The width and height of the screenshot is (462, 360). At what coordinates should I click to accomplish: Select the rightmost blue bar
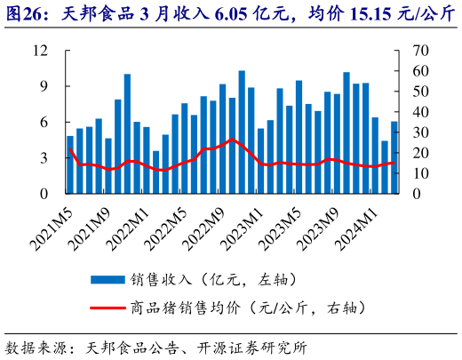click(x=394, y=157)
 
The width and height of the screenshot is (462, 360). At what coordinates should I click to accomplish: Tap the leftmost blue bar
click(x=70, y=164)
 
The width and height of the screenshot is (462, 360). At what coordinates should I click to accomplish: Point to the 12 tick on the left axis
click(x=39, y=51)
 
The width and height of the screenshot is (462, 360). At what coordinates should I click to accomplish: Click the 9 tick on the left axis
click(x=43, y=86)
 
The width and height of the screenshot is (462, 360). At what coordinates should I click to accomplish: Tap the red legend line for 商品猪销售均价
click(x=108, y=307)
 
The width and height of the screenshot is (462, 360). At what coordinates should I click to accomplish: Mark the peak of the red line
click(x=232, y=140)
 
